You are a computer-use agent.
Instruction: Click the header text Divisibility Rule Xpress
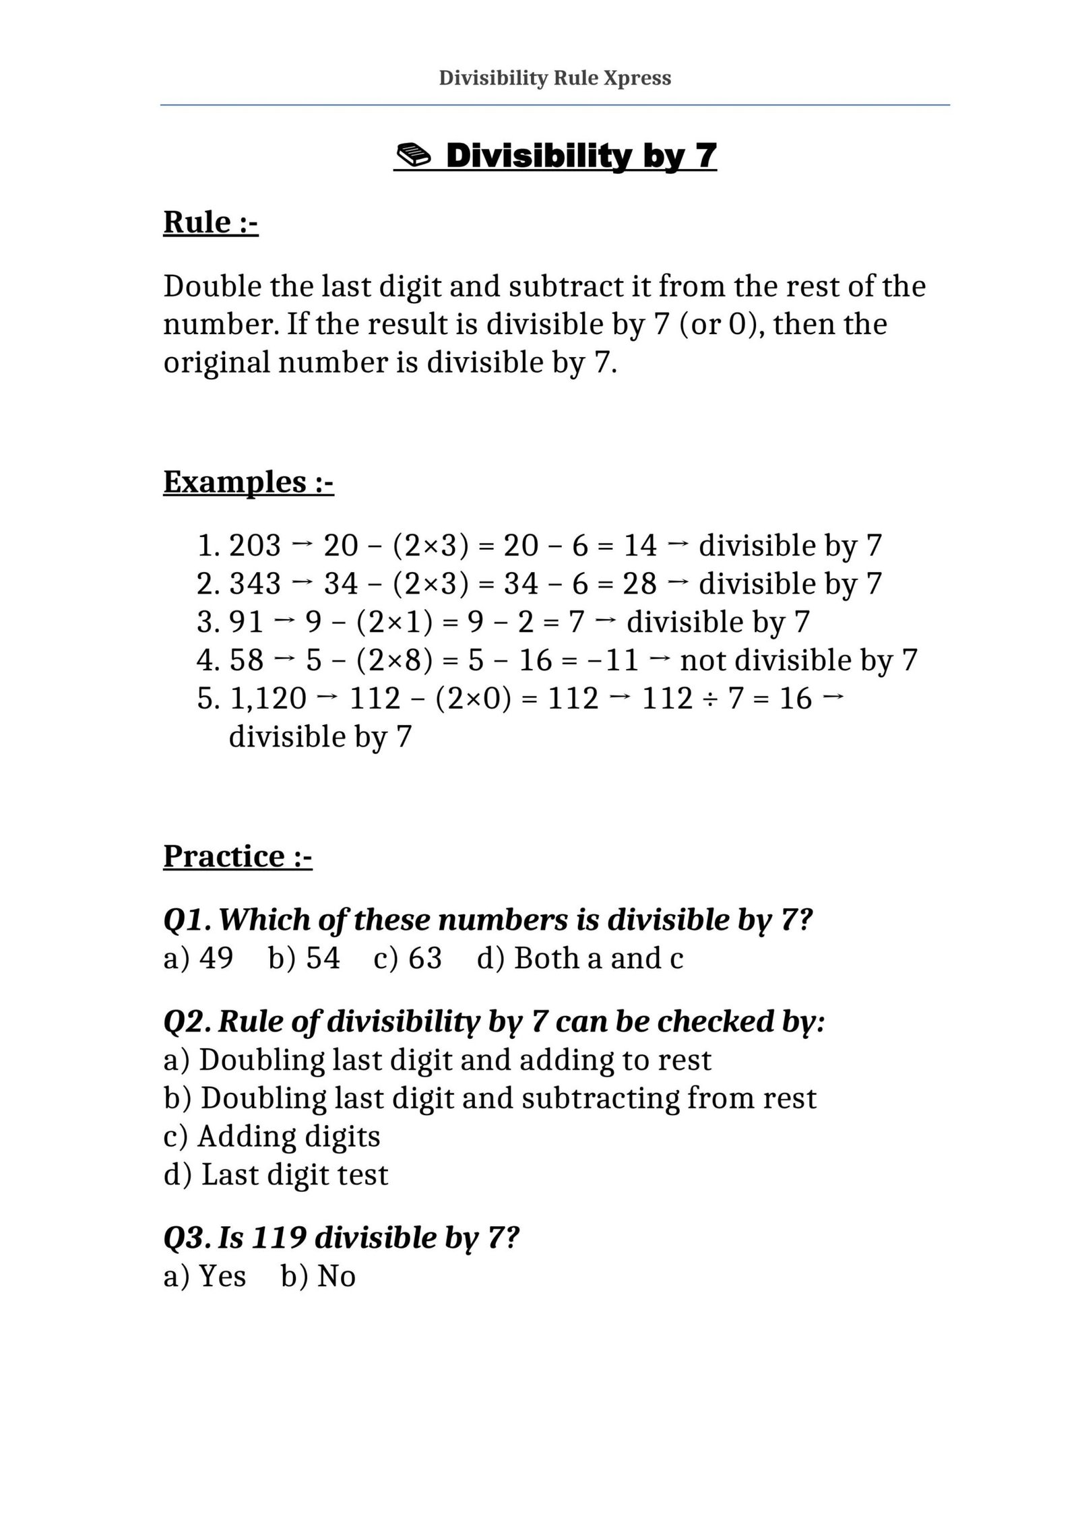tap(554, 78)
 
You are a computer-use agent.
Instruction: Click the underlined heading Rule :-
tap(210, 222)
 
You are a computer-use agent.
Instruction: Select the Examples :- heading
tap(248, 482)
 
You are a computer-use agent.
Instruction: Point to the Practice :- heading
tap(237, 856)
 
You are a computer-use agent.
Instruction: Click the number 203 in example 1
tap(255, 545)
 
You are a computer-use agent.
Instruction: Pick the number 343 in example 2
tap(255, 583)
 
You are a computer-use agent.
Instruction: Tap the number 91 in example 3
tap(246, 622)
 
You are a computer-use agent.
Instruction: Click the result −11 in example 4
tap(611, 660)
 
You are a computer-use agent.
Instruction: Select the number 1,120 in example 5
tap(268, 699)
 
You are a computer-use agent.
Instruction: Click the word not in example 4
tap(703, 660)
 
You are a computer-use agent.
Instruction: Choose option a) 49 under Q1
tap(198, 958)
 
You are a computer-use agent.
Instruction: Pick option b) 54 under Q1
tap(304, 958)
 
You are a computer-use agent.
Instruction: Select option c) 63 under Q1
tap(408, 958)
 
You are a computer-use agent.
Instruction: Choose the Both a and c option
tap(580, 958)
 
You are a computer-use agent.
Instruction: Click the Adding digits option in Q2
tap(272, 1137)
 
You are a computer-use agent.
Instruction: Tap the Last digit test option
tap(276, 1175)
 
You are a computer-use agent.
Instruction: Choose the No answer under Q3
tap(318, 1276)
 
